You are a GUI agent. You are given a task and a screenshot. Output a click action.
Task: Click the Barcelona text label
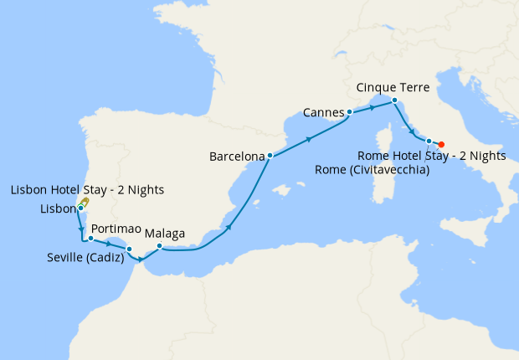click(237, 156)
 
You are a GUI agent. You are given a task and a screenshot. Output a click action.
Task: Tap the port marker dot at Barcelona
click(270, 155)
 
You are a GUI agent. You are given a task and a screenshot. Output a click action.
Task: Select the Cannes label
click(322, 111)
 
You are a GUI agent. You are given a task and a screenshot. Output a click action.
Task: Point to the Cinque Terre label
click(393, 87)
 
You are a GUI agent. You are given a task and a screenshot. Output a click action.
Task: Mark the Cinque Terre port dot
click(394, 101)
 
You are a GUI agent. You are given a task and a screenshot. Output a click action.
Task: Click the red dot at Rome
click(441, 144)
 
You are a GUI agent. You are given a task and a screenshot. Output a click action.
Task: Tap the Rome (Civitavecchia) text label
click(372, 170)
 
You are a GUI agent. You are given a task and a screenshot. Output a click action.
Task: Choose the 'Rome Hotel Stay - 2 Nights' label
click(431, 156)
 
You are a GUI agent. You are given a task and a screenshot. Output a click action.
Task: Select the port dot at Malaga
click(159, 246)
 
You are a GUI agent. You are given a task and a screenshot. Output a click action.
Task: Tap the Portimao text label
click(116, 228)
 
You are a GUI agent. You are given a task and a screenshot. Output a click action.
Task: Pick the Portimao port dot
click(90, 239)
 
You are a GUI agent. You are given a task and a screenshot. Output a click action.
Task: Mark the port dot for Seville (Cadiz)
click(129, 249)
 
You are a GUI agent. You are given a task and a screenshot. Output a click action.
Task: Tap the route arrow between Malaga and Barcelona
click(228, 225)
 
